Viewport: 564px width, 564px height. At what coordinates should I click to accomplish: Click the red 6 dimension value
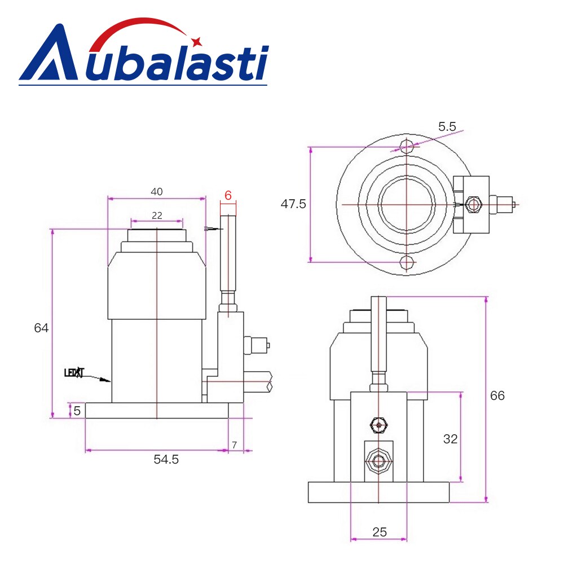pyautogui.click(x=228, y=196)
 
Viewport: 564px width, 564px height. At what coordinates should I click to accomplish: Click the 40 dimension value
pyautogui.click(x=156, y=192)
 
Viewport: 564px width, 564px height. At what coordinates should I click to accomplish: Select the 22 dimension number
pyautogui.click(x=156, y=215)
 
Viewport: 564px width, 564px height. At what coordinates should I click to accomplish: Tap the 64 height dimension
pyautogui.click(x=41, y=328)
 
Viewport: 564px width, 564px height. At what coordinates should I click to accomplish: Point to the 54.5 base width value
pyautogui.click(x=166, y=460)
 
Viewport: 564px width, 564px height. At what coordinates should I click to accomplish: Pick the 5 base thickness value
pyautogui.click(x=77, y=411)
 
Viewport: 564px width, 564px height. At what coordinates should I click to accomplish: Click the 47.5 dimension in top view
pyautogui.click(x=293, y=204)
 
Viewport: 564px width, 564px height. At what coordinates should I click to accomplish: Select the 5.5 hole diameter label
pyautogui.click(x=447, y=126)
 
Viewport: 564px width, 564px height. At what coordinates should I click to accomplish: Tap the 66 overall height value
pyautogui.click(x=497, y=396)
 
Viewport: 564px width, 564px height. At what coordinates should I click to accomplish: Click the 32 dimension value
pyautogui.click(x=450, y=439)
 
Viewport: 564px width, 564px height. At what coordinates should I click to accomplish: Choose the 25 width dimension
pyautogui.click(x=380, y=532)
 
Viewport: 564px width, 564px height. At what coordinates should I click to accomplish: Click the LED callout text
pyautogui.click(x=74, y=373)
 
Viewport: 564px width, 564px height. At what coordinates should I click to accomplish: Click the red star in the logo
pyautogui.click(x=197, y=41)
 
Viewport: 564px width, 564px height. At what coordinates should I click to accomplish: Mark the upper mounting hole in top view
pyautogui.click(x=407, y=146)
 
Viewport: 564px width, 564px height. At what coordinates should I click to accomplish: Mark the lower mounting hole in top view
pyautogui.click(x=407, y=262)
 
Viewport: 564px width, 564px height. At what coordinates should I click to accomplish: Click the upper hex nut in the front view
pyautogui.click(x=378, y=424)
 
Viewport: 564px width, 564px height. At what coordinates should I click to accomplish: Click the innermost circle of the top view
pyautogui.click(x=407, y=204)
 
